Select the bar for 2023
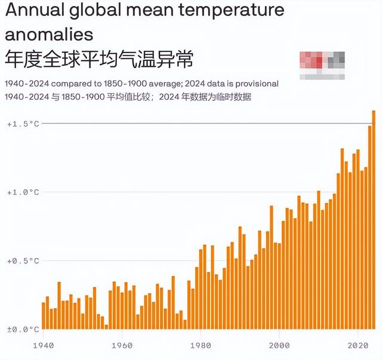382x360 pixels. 369,227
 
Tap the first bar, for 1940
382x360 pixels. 44,316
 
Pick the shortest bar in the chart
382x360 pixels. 106,327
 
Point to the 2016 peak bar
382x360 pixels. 342,239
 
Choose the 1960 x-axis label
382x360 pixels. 122,345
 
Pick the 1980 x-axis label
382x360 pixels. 200,345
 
